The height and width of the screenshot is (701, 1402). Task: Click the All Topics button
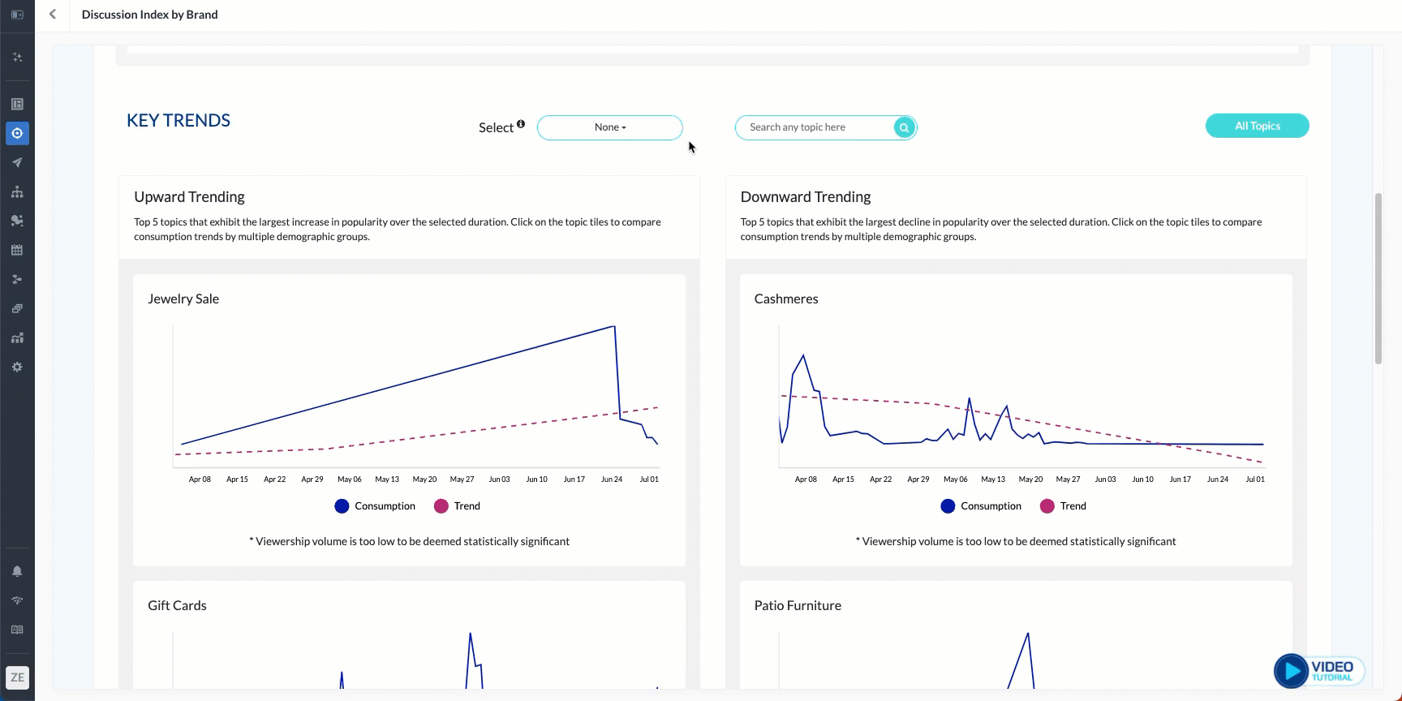coord(1257,126)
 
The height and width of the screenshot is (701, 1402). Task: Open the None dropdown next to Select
coord(610,127)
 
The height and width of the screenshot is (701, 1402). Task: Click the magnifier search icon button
coord(904,127)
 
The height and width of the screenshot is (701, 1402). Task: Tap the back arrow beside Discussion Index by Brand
coord(53,15)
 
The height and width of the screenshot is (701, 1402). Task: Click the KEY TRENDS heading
coord(178,121)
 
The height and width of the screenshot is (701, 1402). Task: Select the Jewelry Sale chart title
coord(183,299)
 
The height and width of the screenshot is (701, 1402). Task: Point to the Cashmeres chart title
coord(786,299)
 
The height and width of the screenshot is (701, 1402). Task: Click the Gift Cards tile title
coord(177,605)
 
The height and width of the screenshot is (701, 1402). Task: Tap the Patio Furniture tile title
coord(798,605)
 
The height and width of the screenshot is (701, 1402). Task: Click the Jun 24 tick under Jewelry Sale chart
coord(612,480)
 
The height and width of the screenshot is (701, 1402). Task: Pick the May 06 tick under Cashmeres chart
coord(956,480)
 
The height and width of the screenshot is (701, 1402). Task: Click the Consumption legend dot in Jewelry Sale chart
coord(342,506)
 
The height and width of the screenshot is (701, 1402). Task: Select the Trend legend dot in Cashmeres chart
coord(1047,506)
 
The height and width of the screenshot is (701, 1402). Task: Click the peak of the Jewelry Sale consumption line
coord(614,326)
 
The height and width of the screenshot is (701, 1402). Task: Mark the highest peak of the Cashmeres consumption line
coord(803,355)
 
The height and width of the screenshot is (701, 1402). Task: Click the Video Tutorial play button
coord(1291,671)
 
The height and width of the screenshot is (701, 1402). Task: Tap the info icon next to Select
coord(521,124)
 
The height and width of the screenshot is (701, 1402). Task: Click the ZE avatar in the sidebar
coord(17,677)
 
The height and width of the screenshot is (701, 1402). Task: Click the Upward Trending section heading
coord(189,197)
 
